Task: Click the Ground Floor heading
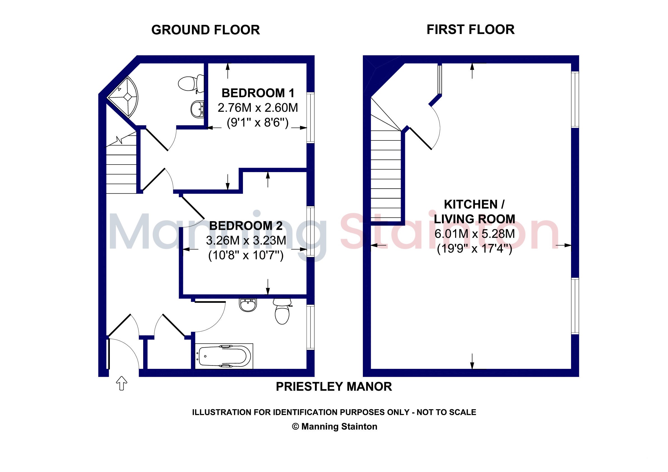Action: click(205, 30)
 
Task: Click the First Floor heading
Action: click(470, 30)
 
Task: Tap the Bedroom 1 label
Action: click(258, 93)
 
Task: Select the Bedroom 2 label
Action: click(246, 226)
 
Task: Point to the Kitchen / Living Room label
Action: click(475, 212)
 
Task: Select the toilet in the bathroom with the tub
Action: click(282, 311)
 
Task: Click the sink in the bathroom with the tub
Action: click(248, 305)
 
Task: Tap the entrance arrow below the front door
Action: click(122, 383)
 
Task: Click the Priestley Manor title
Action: click(334, 387)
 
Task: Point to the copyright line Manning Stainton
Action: click(335, 427)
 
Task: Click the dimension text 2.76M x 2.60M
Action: click(258, 108)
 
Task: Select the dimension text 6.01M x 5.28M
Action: click(475, 234)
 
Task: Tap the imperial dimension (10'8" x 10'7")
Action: click(246, 256)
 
